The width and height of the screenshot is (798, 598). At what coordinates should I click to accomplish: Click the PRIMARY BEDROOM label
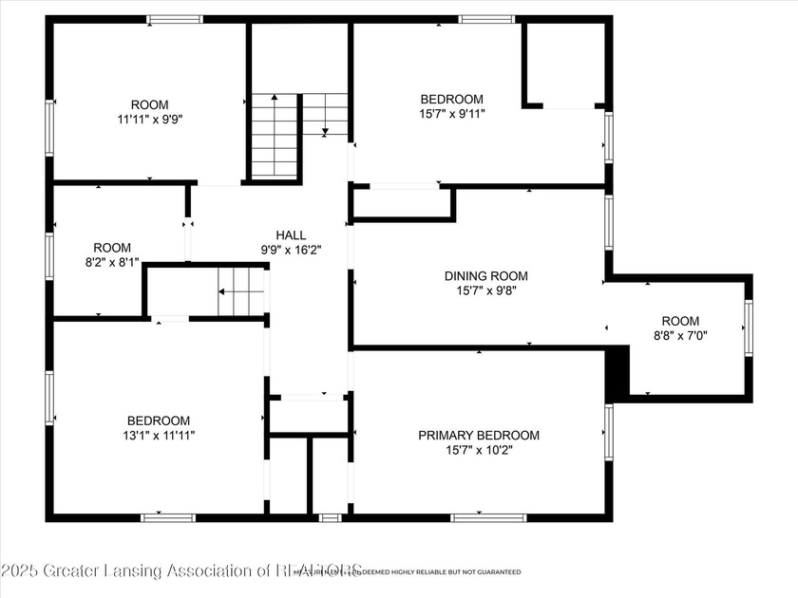pos(479,435)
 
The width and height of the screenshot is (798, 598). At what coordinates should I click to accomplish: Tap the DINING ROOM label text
pos(485,276)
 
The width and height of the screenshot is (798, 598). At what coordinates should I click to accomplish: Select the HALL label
pos(291,235)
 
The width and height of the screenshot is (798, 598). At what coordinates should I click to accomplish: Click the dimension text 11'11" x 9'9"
pos(149,121)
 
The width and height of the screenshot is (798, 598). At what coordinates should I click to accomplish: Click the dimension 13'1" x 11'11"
pos(159,436)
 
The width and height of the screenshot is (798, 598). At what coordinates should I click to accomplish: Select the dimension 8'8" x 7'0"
pos(680,335)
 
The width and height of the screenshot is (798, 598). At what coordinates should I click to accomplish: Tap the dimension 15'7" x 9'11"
pos(452,115)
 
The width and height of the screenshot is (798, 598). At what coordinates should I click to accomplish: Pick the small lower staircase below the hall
pos(239,291)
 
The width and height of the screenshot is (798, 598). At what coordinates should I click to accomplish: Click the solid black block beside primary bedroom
pos(617,372)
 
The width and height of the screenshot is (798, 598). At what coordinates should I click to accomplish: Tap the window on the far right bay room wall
pos(749,328)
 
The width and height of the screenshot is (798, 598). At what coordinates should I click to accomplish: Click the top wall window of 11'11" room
pos(175,19)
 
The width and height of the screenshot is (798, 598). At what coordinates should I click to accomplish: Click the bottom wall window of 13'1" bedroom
pos(168,517)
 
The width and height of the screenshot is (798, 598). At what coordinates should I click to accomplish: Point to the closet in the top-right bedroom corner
pos(564,63)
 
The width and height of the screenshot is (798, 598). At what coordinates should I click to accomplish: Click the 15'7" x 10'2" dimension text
pos(479,451)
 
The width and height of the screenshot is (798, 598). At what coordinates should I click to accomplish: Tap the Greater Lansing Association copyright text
pos(180,570)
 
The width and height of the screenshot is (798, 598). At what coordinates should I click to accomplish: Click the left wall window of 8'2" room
pos(48,256)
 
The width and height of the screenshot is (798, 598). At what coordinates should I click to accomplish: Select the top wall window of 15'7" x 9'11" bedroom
pos(486,19)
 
